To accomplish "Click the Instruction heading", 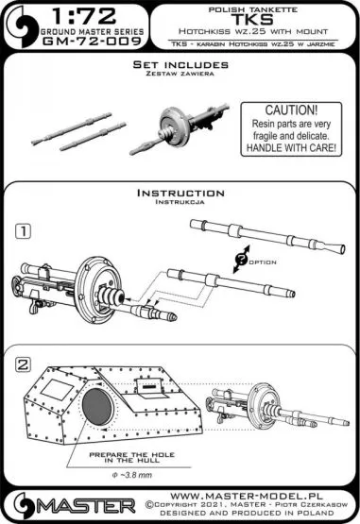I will [178, 193].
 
